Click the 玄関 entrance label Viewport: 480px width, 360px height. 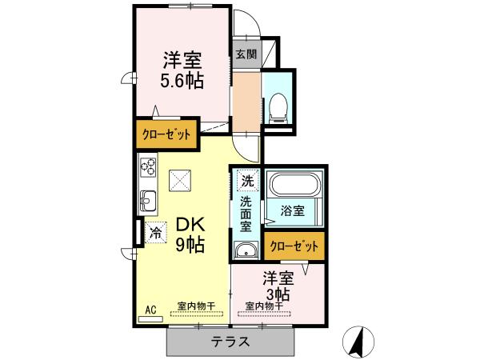point(246,55)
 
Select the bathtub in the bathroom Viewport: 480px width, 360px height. point(294,186)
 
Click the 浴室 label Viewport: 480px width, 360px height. point(292,211)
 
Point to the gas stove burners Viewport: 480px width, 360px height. point(149,168)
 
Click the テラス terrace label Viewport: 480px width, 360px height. point(230,342)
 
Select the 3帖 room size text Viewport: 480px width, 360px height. point(277,294)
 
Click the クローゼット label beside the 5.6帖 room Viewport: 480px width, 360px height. point(166,134)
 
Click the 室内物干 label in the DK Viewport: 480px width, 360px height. point(193,306)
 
